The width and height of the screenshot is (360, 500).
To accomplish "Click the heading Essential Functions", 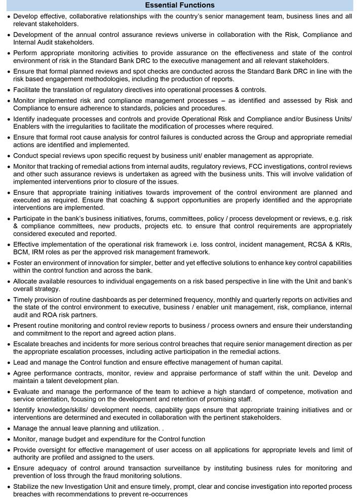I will coord(180,5).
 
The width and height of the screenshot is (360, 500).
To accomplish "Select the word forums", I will coord(139,218).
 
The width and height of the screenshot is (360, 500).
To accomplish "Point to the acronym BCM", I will coord(22,252).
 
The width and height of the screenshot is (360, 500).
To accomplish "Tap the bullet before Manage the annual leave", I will coord(7,428).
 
